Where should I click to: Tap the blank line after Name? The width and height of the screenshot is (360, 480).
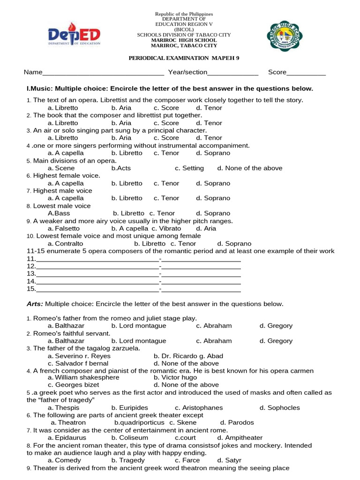[103, 73]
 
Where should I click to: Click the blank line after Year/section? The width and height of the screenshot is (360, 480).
[232, 73]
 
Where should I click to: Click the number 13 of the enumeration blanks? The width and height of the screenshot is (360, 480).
[31, 274]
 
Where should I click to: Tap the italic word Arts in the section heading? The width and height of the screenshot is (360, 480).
[35, 304]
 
